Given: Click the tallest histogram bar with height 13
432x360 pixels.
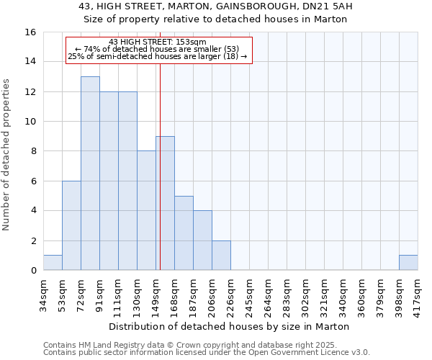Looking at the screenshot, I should pyautogui.click(x=90, y=173).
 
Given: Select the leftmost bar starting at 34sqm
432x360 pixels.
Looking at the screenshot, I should pyautogui.click(x=53, y=263).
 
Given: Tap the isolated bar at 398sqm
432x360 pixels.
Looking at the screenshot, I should pyautogui.click(x=408, y=263).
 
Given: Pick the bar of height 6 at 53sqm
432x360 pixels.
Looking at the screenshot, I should pyautogui.click(x=71, y=225).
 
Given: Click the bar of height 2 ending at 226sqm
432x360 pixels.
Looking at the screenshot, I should pyautogui.click(x=221, y=256).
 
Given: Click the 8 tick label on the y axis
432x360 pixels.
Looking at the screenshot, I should pyautogui.click(x=33, y=151).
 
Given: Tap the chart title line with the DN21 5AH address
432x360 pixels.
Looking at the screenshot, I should pyautogui.click(x=216, y=7).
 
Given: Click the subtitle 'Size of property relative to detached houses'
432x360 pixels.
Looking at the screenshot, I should pyautogui.click(x=216, y=19).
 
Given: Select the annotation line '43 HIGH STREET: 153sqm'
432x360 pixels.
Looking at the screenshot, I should pyautogui.click(x=158, y=42).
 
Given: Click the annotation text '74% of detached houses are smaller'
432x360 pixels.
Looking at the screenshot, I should pyautogui.click(x=158, y=48).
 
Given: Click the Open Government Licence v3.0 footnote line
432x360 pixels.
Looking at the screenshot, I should pyautogui.click(x=207, y=353).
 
